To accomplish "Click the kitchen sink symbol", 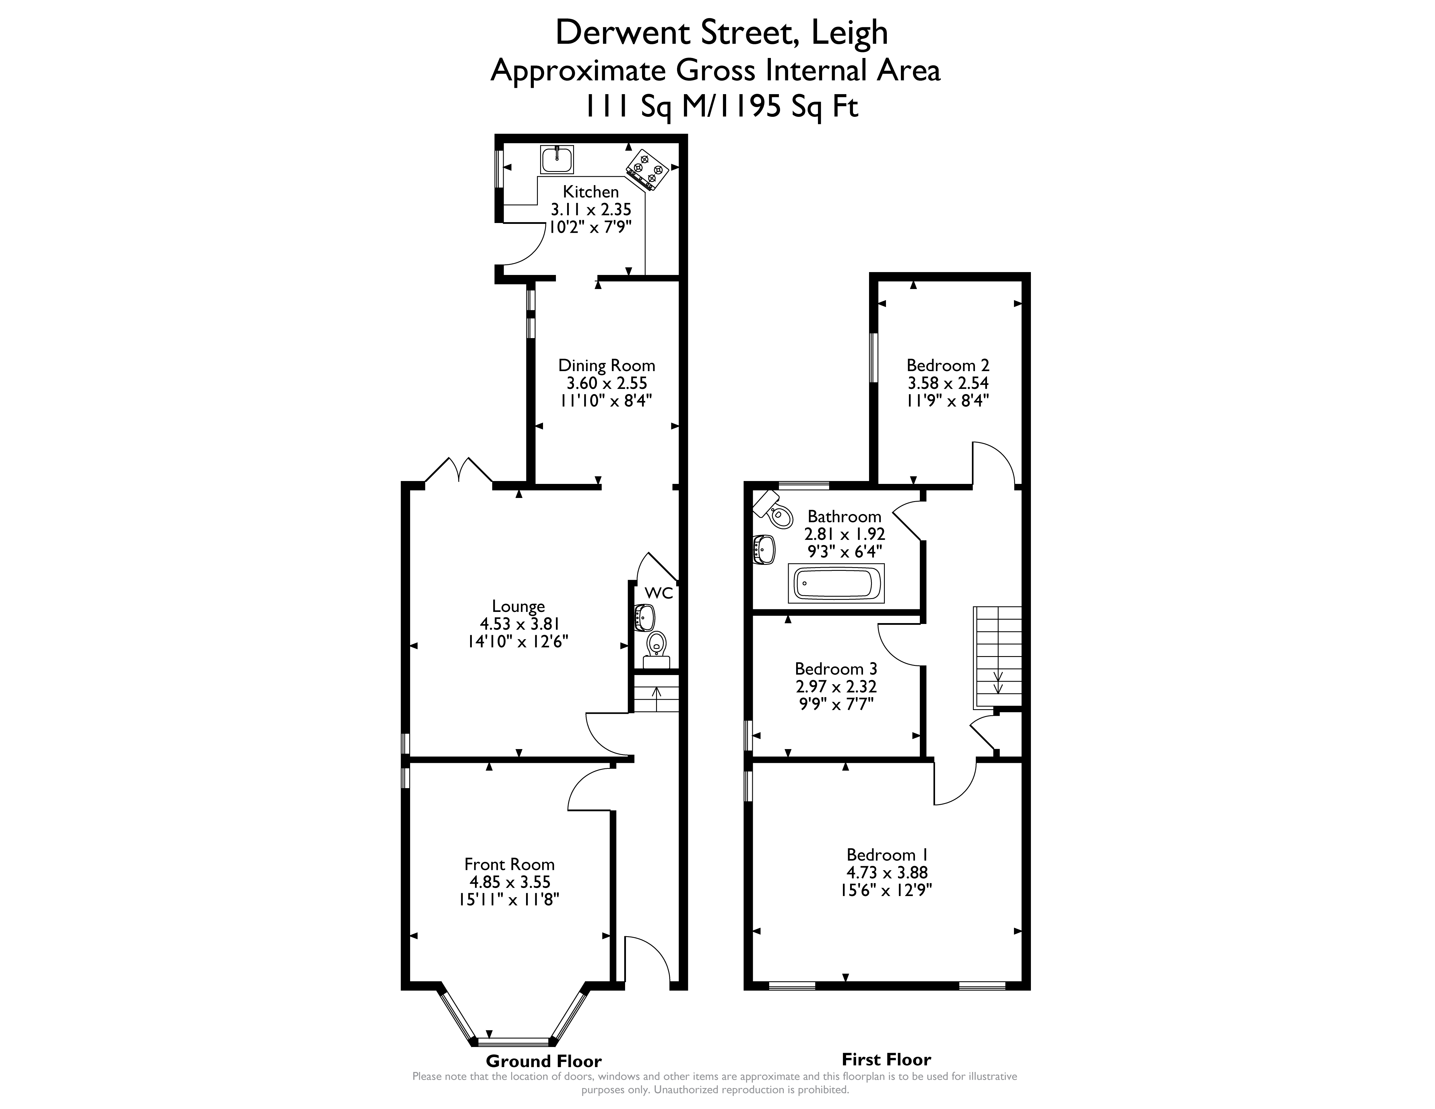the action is point(556,160).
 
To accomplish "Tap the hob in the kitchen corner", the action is point(647,170).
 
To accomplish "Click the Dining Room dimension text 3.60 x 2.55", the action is point(606,383).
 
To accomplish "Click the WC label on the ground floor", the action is point(658,593).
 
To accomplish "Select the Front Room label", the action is point(509,864).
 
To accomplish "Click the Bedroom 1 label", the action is point(887,855).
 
